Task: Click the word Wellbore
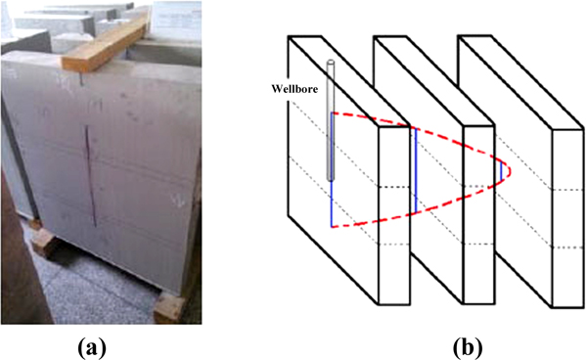(x=294, y=89)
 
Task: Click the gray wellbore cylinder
(x=331, y=119)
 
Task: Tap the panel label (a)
(x=92, y=347)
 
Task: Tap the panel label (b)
(x=468, y=347)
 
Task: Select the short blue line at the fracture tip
(x=501, y=170)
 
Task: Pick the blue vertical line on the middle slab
(x=416, y=170)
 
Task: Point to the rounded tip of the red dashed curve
(x=510, y=170)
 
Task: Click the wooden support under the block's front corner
(x=169, y=307)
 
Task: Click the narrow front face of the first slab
(x=394, y=215)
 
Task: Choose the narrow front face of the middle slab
(x=479, y=215)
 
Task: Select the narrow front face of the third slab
(x=567, y=218)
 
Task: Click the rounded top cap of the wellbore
(x=331, y=61)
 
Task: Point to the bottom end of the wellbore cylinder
(x=331, y=179)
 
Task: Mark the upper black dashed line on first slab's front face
(x=394, y=187)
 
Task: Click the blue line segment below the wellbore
(x=332, y=204)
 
